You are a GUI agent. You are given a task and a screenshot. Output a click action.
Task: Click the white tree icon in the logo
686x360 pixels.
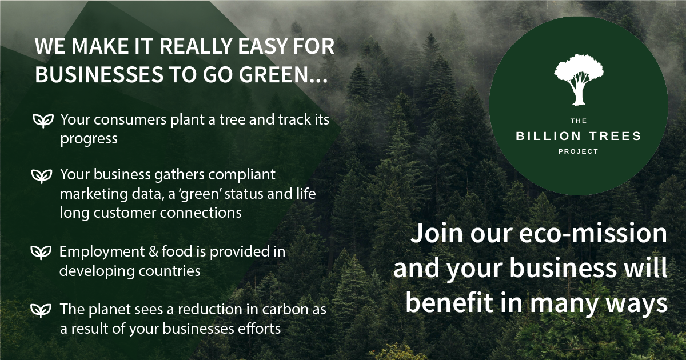(578, 83)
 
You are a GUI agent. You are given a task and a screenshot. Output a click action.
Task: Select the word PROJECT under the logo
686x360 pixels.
(578, 151)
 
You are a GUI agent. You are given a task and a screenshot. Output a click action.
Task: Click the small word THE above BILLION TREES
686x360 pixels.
(578, 121)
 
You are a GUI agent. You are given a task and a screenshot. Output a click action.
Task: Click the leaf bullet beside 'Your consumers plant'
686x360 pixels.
(42, 121)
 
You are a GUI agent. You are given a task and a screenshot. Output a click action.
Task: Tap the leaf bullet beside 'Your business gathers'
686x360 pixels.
(42, 174)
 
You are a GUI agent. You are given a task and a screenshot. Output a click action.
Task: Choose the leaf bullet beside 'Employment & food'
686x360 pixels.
(42, 251)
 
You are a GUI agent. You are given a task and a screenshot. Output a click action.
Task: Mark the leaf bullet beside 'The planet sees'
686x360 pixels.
(42, 310)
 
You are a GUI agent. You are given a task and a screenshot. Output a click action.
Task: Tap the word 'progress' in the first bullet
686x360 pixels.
(89, 139)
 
